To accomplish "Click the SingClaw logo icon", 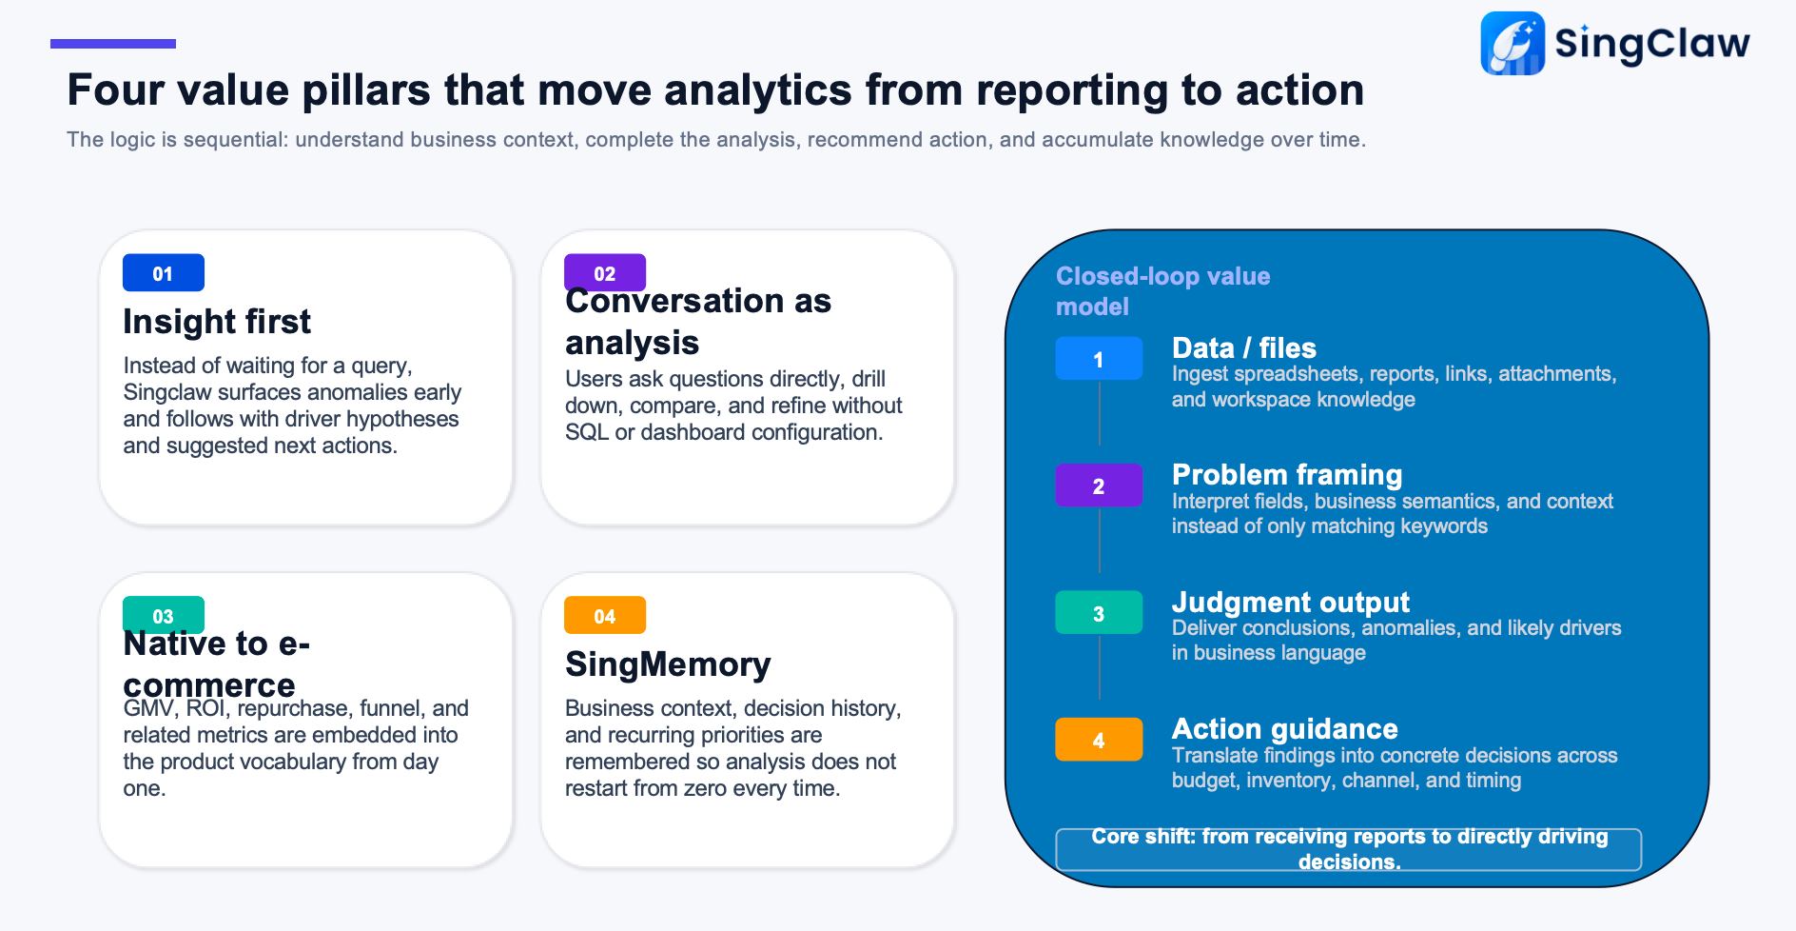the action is pyautogui.click(x=1513, y=43).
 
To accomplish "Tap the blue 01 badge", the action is pyautogui.click(x=164, y=272).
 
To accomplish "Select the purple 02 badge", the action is pyautogui.click(x=605, y=272).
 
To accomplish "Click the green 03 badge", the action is pyautogui.click(x=164, y=615).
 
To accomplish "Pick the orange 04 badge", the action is pyautogui.click(x=605, y=615).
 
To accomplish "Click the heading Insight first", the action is pyautogui.click(x=217, y=322).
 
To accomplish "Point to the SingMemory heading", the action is pyautogui.click(x=668, y=664).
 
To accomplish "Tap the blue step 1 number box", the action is pyautogui.click(x=1099, y=359).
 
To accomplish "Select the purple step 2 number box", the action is pyautogui.click(x=1099, y=485).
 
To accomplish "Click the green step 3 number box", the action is pyautogui.click(x=1099, y=612).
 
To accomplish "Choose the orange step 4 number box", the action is pyautogui.click(x=1099, y=740).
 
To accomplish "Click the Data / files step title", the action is pyautogui.click(x=1244, y=348).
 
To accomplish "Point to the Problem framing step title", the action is pyautogui.click(x=1287, y=475).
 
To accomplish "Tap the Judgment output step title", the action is pyautogui.click(x=1291, y=602).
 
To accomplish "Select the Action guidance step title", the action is pyautogui.click(x=1285, y=729).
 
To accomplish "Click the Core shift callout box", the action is pyautogui.click(x=1349, y=849).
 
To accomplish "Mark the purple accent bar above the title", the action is pyautogui.click(x=113, y=44).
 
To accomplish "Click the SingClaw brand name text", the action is pyautogui.click(x=1652, y=44).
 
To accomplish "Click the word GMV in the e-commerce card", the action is pyautogui.click(x=148, y=708).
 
